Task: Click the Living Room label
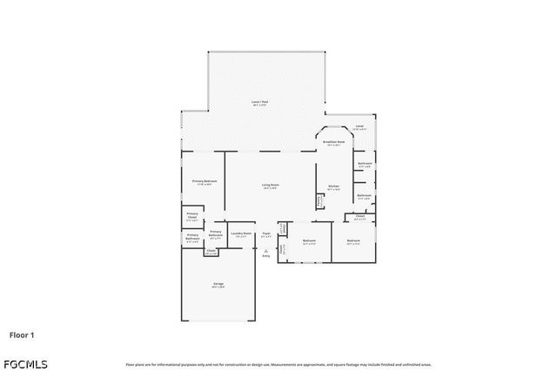[x=271, y=184]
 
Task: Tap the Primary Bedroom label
[x=204, y=181]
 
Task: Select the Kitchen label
[x=332, y=187]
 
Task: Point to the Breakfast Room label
[x=334, y=141]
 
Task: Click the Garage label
[x=218, y=283]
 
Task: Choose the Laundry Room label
[x=241, y=233]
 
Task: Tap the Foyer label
[x=266, y=233]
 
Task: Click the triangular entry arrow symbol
[x=266, y=250]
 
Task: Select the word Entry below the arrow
[x=266, y=256]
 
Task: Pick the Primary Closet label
[x=191, y=217]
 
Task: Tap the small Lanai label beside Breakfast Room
[x=359, y=126]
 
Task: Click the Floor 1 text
[x=22, y=334]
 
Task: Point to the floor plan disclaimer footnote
[x=278, y=364]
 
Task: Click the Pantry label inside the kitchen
[x=320, y=200]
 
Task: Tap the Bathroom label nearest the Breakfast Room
[x=365, y=164]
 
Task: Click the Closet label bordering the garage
[x=211, y=252]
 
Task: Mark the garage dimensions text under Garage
[x=218, y=287]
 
